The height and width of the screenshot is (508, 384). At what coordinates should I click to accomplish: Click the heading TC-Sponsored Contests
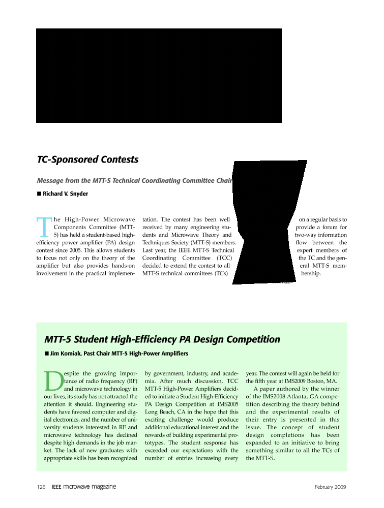click(87, 160)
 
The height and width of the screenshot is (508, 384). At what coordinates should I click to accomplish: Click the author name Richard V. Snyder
click(66, 194)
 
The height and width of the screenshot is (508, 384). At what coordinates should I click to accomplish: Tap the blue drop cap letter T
click(44, 227)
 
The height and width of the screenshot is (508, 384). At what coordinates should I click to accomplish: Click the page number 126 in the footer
click(42, 487)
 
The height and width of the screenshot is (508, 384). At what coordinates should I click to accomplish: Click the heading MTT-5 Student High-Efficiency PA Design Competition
click(162, 339)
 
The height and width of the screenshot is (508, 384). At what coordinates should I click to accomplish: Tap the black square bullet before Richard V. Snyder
click(39, 194)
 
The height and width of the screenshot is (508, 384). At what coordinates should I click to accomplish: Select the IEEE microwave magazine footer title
click(84, 487)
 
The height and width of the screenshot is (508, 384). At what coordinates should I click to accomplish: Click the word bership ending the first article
click(311, 274)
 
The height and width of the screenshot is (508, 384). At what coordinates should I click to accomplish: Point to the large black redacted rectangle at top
click(159, 76)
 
